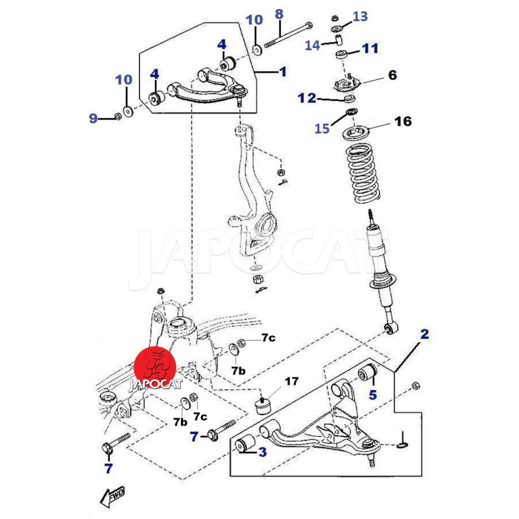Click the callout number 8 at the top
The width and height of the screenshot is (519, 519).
(x=279, y=13)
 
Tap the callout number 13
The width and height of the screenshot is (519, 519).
(x=360, y=16)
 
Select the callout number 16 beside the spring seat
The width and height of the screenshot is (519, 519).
(x=403, y=121)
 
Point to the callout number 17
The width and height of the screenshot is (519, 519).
(x=292, y=381)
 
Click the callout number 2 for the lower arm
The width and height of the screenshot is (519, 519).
(x=424, y=335)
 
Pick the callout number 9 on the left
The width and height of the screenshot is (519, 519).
(x=93, y=118)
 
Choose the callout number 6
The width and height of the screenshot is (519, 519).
(x=392, y=75)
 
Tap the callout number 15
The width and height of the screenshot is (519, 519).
(x=322, y=129)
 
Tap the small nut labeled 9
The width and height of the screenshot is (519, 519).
(x=117, y=117)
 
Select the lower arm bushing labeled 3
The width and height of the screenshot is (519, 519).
(x=245, y=444)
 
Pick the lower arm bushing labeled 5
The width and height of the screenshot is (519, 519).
(x=368, y=374)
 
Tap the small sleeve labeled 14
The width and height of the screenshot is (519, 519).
(x=339, y=42)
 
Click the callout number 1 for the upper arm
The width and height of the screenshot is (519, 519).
(x=283, y=71)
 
